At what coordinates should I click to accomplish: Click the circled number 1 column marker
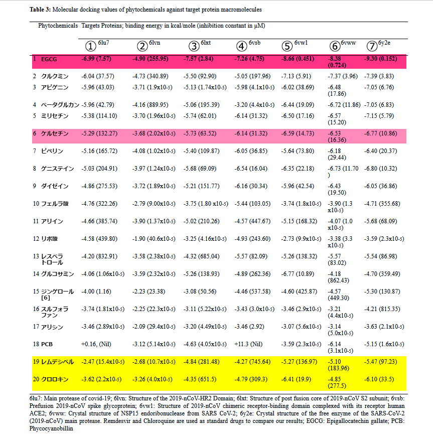click(x=90, y=46)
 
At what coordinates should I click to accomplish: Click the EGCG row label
click(x=49, y=59)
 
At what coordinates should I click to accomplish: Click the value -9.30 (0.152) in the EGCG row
click(x=384, y=59)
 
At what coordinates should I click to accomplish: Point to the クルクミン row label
click(x=54, y=76)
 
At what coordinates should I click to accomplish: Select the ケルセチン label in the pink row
click(x=54, y=134)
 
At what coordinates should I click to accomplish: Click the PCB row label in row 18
click(x=46, y=345)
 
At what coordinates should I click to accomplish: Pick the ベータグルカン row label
click(x=60, y=105)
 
